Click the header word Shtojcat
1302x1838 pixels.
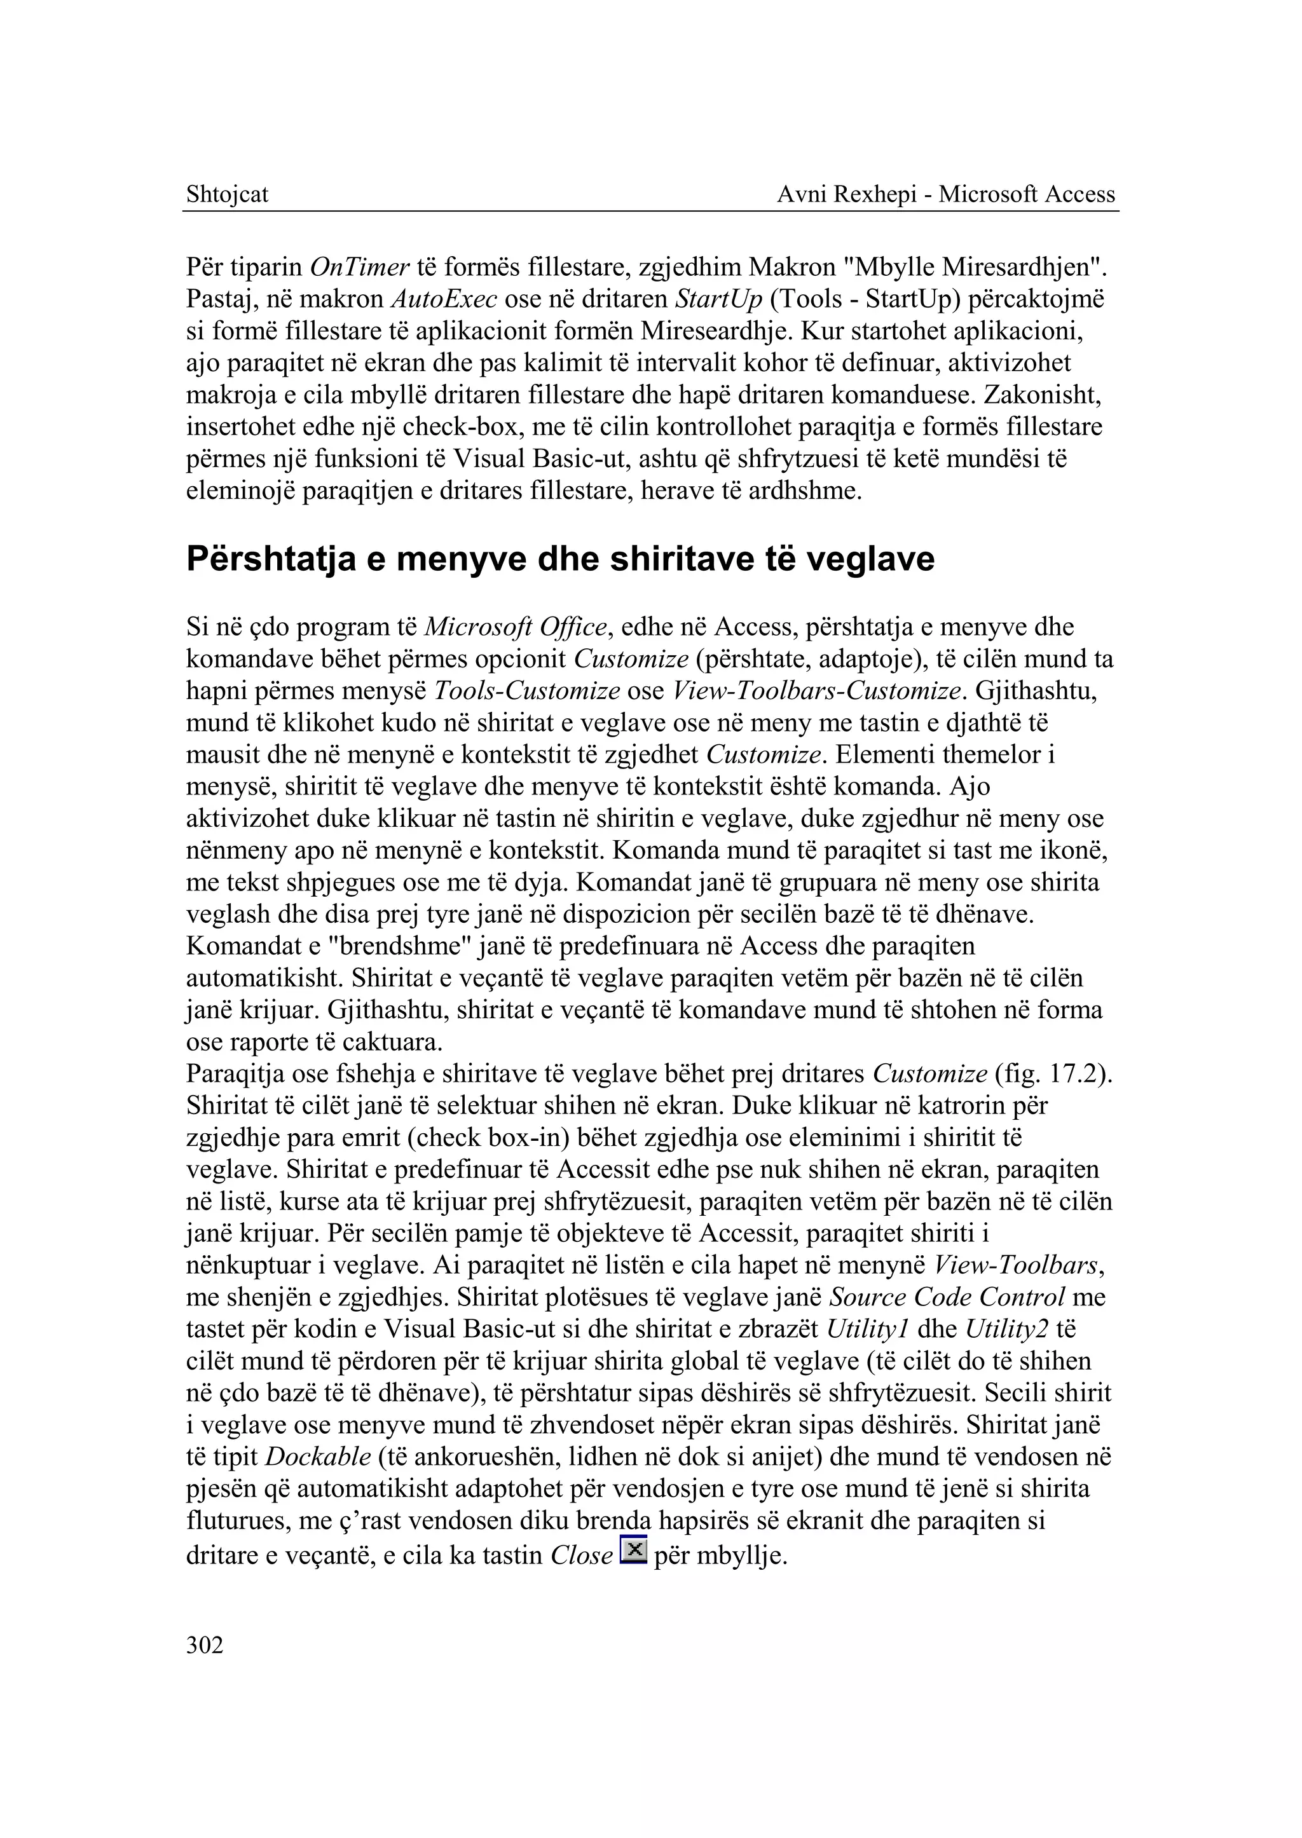pyautogui.click(x=227, y=194)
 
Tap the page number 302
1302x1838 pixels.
pyautogui.click(x=205, y=1645)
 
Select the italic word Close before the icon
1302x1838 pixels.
pyautogui.click(x=582, y=1556)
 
